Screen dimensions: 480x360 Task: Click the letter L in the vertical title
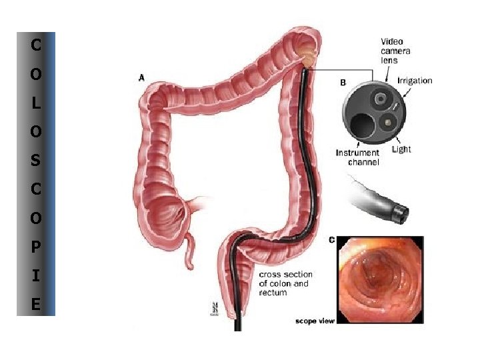(35, 103)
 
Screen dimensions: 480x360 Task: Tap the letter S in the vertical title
(35, 161)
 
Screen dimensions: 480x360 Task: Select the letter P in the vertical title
(35, 247)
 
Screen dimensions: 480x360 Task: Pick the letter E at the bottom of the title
(35, 305)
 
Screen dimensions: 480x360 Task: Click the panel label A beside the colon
(141, 78)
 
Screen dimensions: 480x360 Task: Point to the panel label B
(343, 83)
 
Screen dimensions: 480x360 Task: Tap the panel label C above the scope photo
(331, 239)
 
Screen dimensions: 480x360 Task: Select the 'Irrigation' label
(415, 81)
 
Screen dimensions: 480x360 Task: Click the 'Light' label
(401, 149)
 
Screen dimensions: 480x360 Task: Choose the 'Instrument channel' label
(357, 157)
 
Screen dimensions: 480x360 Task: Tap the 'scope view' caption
(315, 321)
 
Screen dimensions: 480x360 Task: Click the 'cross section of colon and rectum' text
(285, 283)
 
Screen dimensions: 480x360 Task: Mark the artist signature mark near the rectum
(215, 309)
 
